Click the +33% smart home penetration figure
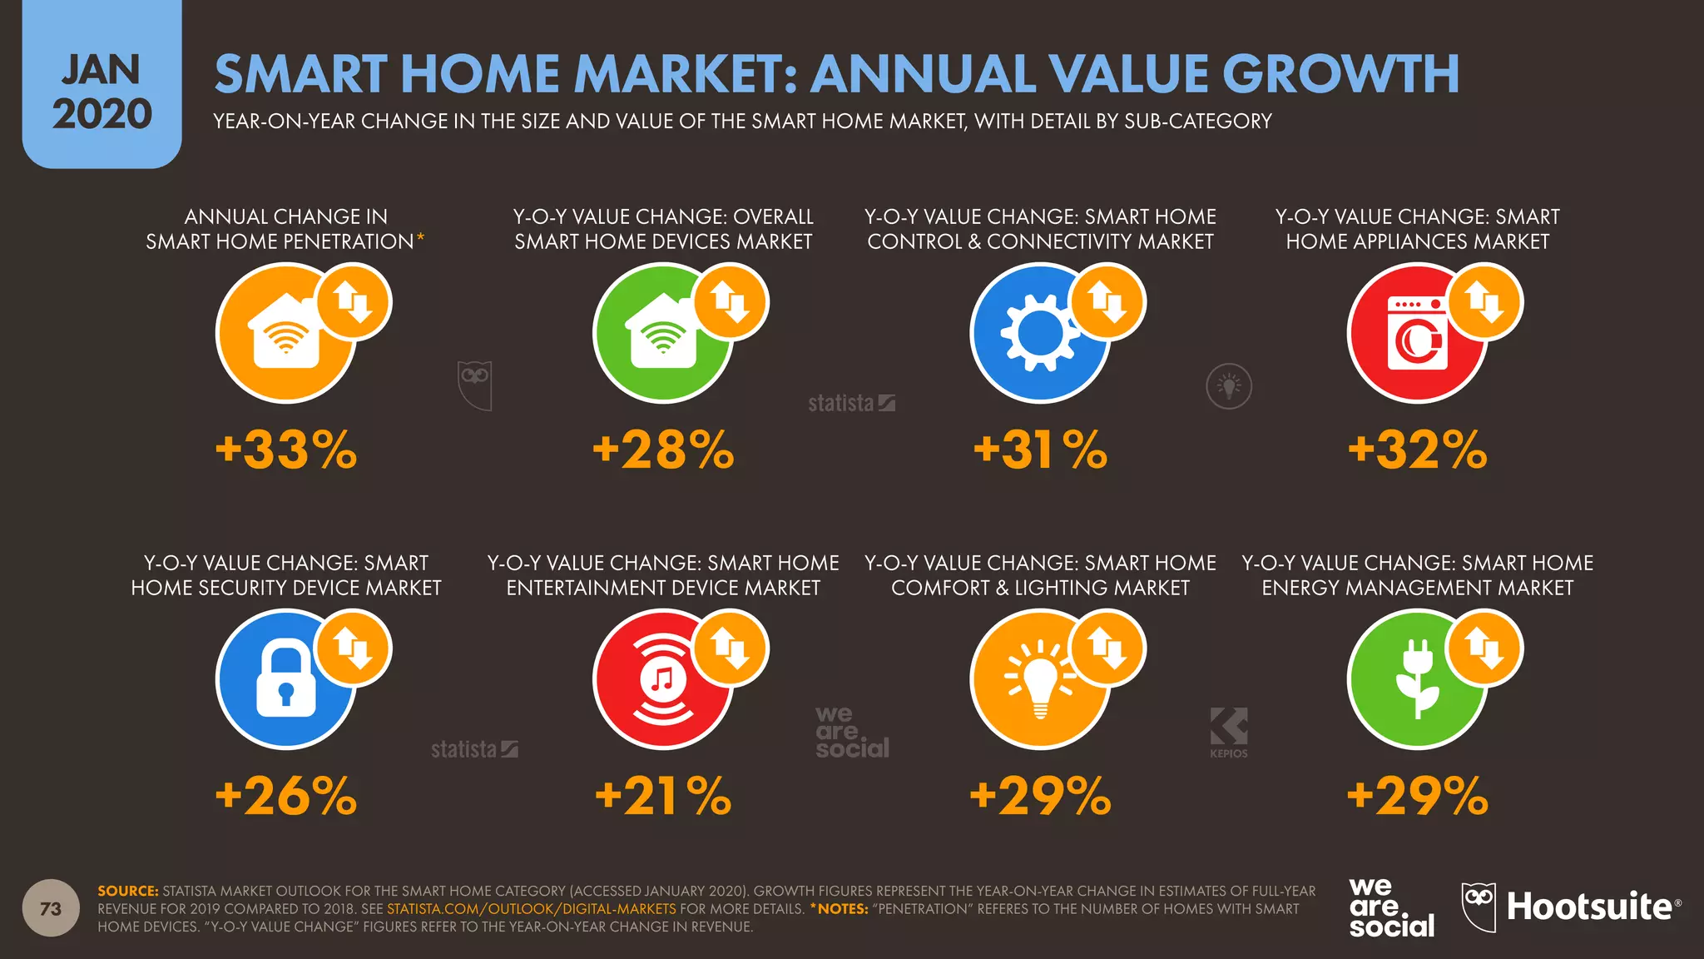coord(285,450)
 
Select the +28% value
coord(663,450)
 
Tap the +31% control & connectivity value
coord(1040,450)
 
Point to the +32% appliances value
coord(1417,450)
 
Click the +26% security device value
coord(285,797)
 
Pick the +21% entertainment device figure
coord(663,797)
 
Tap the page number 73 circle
coord(51,908)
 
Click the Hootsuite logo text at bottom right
coord(1588,907)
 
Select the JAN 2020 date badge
coord(102,92)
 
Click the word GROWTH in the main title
coord(1340,74)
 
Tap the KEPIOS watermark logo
coord(1229,732)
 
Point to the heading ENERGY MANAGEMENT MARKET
coord(1417,588)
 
